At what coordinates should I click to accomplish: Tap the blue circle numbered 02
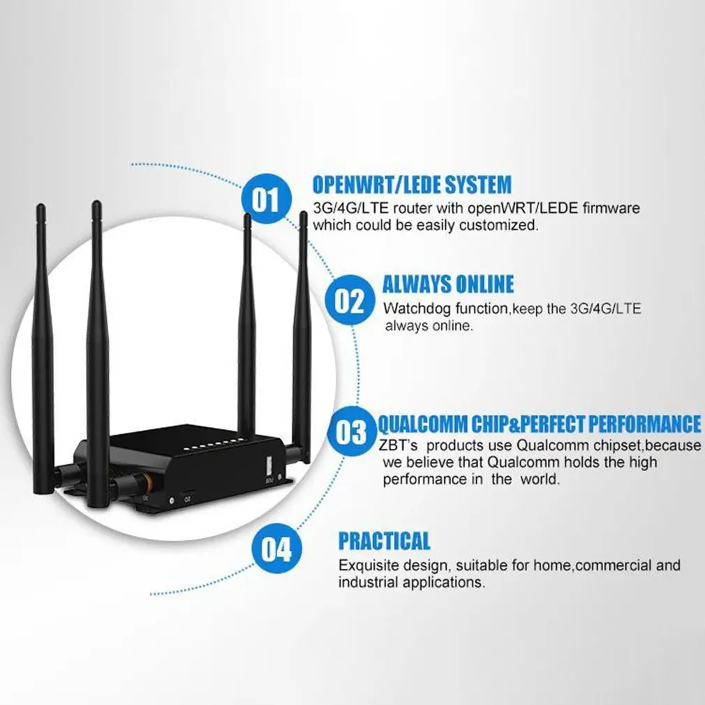[x=350, y=302]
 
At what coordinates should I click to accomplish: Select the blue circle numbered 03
[x=351, y=432]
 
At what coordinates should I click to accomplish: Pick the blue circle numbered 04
[x=276, y=549]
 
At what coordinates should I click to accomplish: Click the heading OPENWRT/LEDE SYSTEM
[x=412, y=184]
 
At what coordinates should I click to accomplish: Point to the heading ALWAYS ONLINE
[x=447, y=284]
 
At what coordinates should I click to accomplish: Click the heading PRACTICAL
[x=384, y=540]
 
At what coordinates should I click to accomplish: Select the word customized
[x=503, y=225]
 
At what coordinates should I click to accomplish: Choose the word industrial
[x=366, y=582]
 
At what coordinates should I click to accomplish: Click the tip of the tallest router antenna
[x=96, y=204]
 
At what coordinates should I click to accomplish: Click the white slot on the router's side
[x=268, y=466]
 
